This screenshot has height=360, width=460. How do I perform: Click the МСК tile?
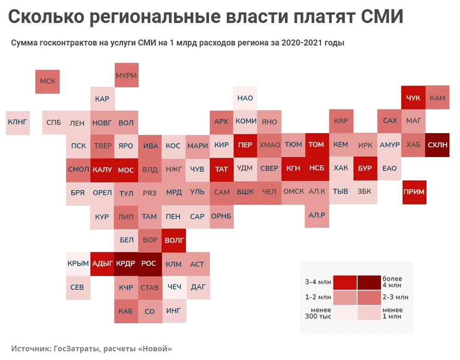click(x=47, y=81)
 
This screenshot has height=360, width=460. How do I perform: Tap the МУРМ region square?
click(x=126, y=75)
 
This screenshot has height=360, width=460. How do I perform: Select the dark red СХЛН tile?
click(x=437, y=145)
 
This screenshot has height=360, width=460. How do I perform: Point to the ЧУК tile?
click(x=413, y=98)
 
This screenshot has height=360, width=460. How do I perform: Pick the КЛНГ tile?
click(x=17, y=122)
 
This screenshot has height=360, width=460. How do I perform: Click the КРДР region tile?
click(x=126, y=264)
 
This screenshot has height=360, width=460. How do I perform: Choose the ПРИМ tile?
click(x=414, y=192)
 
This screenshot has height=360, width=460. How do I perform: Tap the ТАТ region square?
click(x=221, y=169)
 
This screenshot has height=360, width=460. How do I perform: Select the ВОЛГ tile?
click(x=174, y=240)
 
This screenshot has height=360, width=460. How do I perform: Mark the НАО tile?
click(x=245, y=98)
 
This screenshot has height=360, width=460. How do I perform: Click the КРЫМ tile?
click(x=78, y=264)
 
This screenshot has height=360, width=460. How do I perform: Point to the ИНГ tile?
click(x=173, y=311)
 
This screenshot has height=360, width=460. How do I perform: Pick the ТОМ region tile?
click(x=316, y=145)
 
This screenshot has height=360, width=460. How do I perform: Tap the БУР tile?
click(x=365, y=168)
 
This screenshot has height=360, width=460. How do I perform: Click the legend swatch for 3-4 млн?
click(x=345, y=282)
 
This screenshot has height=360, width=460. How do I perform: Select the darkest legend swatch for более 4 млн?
click(x=369, y=282)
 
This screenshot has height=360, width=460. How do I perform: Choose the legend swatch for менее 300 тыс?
click(x=345, y=313)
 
